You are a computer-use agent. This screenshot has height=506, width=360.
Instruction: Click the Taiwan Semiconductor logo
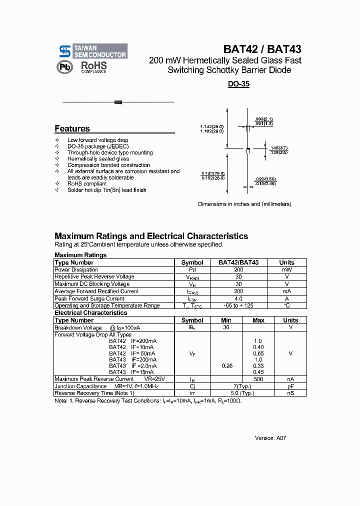(x=93, y=51)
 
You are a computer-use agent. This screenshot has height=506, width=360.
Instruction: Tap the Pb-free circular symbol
(x=65, y=67)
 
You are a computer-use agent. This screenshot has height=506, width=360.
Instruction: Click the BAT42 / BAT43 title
(x=262, y=49)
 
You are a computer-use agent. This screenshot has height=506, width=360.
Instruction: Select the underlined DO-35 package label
(x=238, y=84)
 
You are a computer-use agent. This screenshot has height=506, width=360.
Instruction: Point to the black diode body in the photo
(x=118, y=102)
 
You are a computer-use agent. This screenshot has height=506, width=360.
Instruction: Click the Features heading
(x=72, y=128)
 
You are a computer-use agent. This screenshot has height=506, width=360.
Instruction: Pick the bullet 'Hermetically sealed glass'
(x=98, y=159)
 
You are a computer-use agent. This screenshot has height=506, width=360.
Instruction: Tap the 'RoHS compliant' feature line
(x=87, y=183)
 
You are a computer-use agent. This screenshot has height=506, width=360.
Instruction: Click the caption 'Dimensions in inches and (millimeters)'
(x=244, y=204)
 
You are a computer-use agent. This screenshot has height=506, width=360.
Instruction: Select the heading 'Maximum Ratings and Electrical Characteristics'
(x=151, y=236)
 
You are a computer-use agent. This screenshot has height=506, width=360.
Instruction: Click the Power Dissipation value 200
(x=238, y=269)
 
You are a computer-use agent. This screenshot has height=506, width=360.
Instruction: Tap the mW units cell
(x=286, y=269)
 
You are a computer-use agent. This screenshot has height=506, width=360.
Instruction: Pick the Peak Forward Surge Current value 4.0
(x=238, y=298)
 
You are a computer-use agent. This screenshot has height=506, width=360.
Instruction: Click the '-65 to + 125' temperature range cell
(x=238, y=305)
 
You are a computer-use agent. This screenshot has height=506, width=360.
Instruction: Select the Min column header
(x=226, y=320)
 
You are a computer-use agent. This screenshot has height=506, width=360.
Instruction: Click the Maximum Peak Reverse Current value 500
(x=258, y=379)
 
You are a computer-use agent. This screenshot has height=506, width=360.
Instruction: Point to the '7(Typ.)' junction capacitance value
(x=242, y=386)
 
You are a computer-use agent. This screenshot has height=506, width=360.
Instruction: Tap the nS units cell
(x=290, y=393)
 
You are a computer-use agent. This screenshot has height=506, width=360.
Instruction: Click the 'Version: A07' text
(x=270, y=438)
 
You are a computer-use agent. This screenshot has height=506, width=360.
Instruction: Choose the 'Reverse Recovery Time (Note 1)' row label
(x=94, y=393)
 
